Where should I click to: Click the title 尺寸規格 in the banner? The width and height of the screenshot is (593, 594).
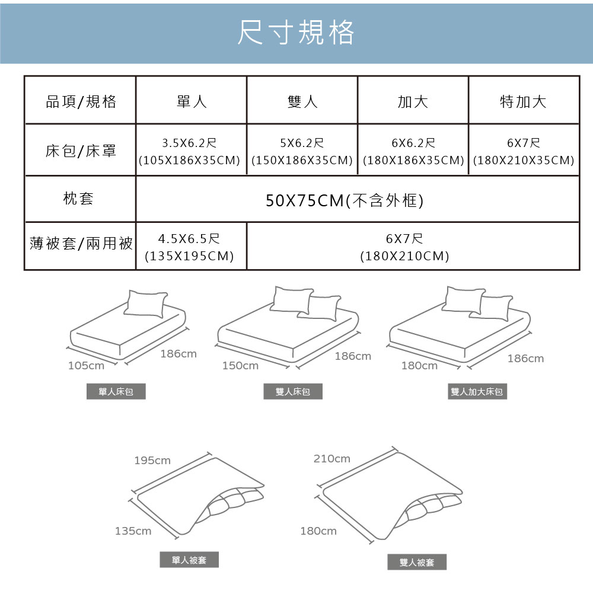[x=296, y=33]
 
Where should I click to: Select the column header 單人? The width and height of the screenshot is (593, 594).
[x=192, y=101]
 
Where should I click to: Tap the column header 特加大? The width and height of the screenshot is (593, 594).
[x=523, y=101]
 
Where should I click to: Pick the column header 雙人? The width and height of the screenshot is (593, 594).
[x=302, y=101]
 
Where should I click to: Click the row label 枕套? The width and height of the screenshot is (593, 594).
[x=78, y=199]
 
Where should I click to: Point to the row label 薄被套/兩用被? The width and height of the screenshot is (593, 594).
[x=81, y=243]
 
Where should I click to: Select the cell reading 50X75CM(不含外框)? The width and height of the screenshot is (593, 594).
[x=345, y=200]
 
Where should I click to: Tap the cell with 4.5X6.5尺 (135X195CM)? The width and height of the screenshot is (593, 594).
[x=189, y=247]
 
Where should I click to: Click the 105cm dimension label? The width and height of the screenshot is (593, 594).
[x=86, y=366]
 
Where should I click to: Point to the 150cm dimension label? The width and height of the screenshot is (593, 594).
[x=240, y=366]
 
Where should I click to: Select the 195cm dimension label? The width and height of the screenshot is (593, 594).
[x=152, y=460]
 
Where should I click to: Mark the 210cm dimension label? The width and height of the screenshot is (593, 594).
[x=332, y=459]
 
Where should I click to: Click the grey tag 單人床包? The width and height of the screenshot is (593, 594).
[x=116, y=391]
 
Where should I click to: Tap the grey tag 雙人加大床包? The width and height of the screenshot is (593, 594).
[x=477, y=391]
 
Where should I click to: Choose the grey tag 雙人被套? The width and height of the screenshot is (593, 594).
[x=417, y=562]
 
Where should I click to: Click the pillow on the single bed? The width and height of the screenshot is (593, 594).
[x=146, y=304]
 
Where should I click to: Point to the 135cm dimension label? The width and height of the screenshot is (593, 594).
[x=133, y=531]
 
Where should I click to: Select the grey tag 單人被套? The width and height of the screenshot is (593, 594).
[x=189, y=560]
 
